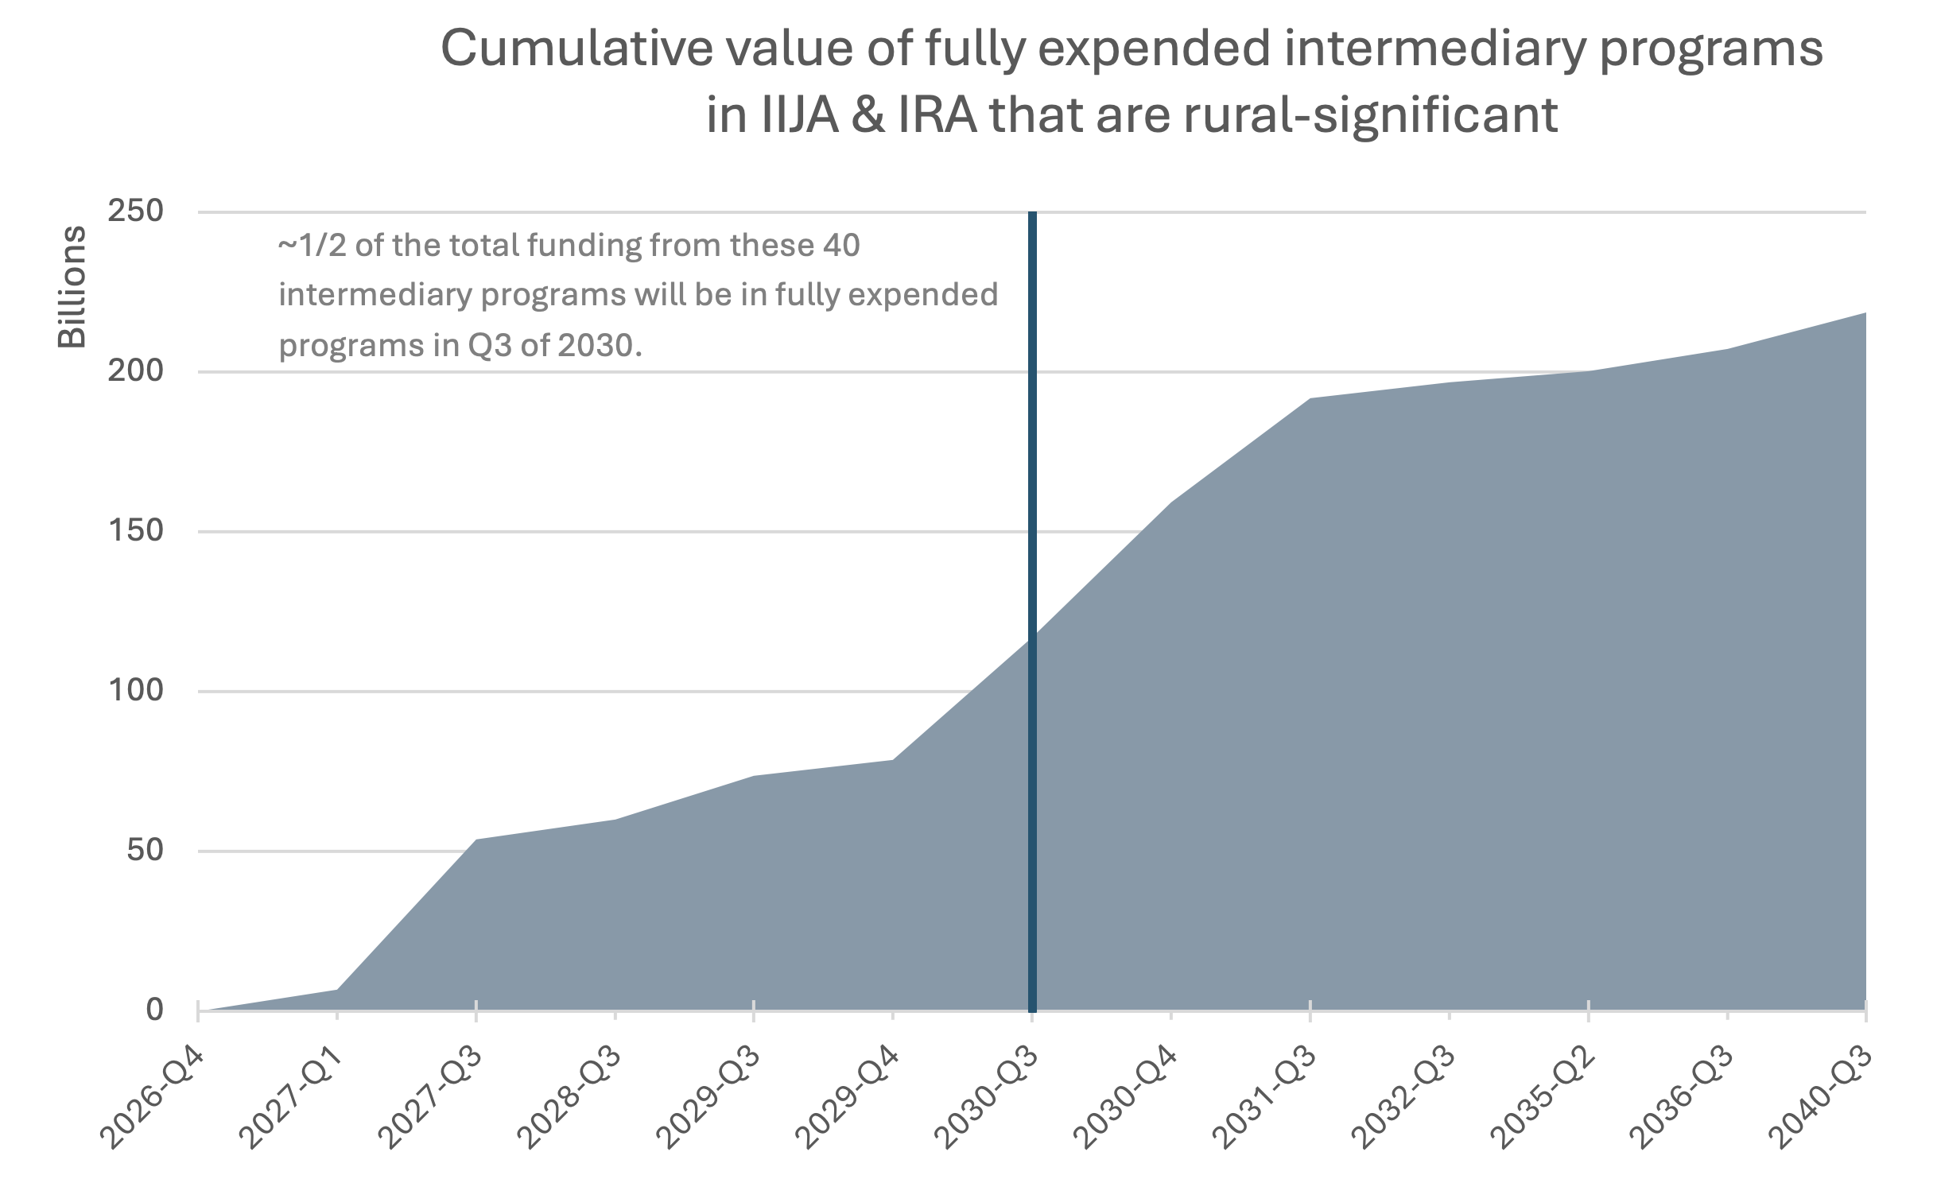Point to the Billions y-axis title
(72, 287)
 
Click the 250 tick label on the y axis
(135, 211)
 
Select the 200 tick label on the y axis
(135, 371)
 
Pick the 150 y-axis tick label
(135, 531)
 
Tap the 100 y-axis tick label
(135, 691)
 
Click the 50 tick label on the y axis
(145, 851)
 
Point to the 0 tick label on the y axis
(154, 1010)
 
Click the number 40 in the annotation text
(841, 246)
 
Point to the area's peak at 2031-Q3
(1310, 399)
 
